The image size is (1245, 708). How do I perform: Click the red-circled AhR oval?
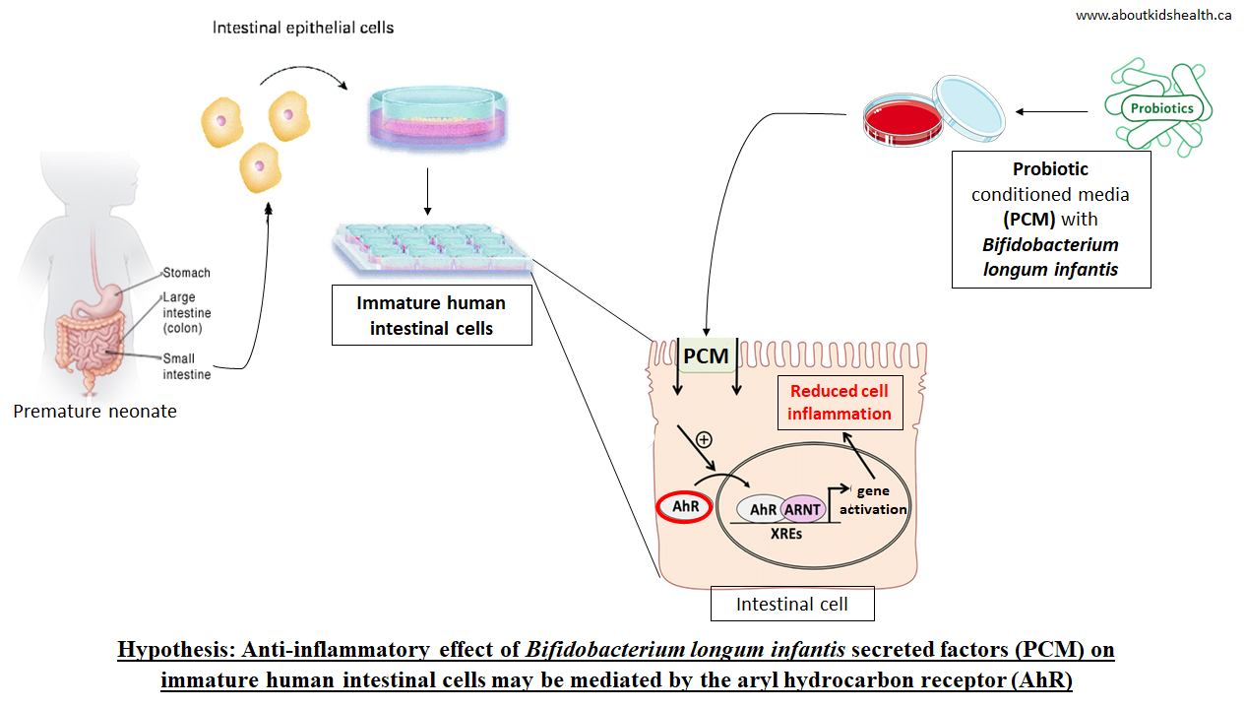(684, 506)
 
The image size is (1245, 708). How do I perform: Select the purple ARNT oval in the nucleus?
(801, 509)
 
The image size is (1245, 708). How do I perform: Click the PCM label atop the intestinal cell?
(706, 355)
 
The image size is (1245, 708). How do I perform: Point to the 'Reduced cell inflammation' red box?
(839, 402)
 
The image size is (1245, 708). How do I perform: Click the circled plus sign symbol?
(703, 440)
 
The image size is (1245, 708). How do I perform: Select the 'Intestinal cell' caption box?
(791, 604)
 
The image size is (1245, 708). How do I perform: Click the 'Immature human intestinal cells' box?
(431, 315)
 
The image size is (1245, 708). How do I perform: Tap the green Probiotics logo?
(1161, 107)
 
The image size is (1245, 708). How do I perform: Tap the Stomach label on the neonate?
(186, 273)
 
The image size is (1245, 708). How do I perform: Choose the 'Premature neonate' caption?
(94, 411)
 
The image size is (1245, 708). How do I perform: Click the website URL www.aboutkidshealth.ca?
(1153, 15)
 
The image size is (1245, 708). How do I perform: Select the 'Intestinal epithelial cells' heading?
(303, 28)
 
